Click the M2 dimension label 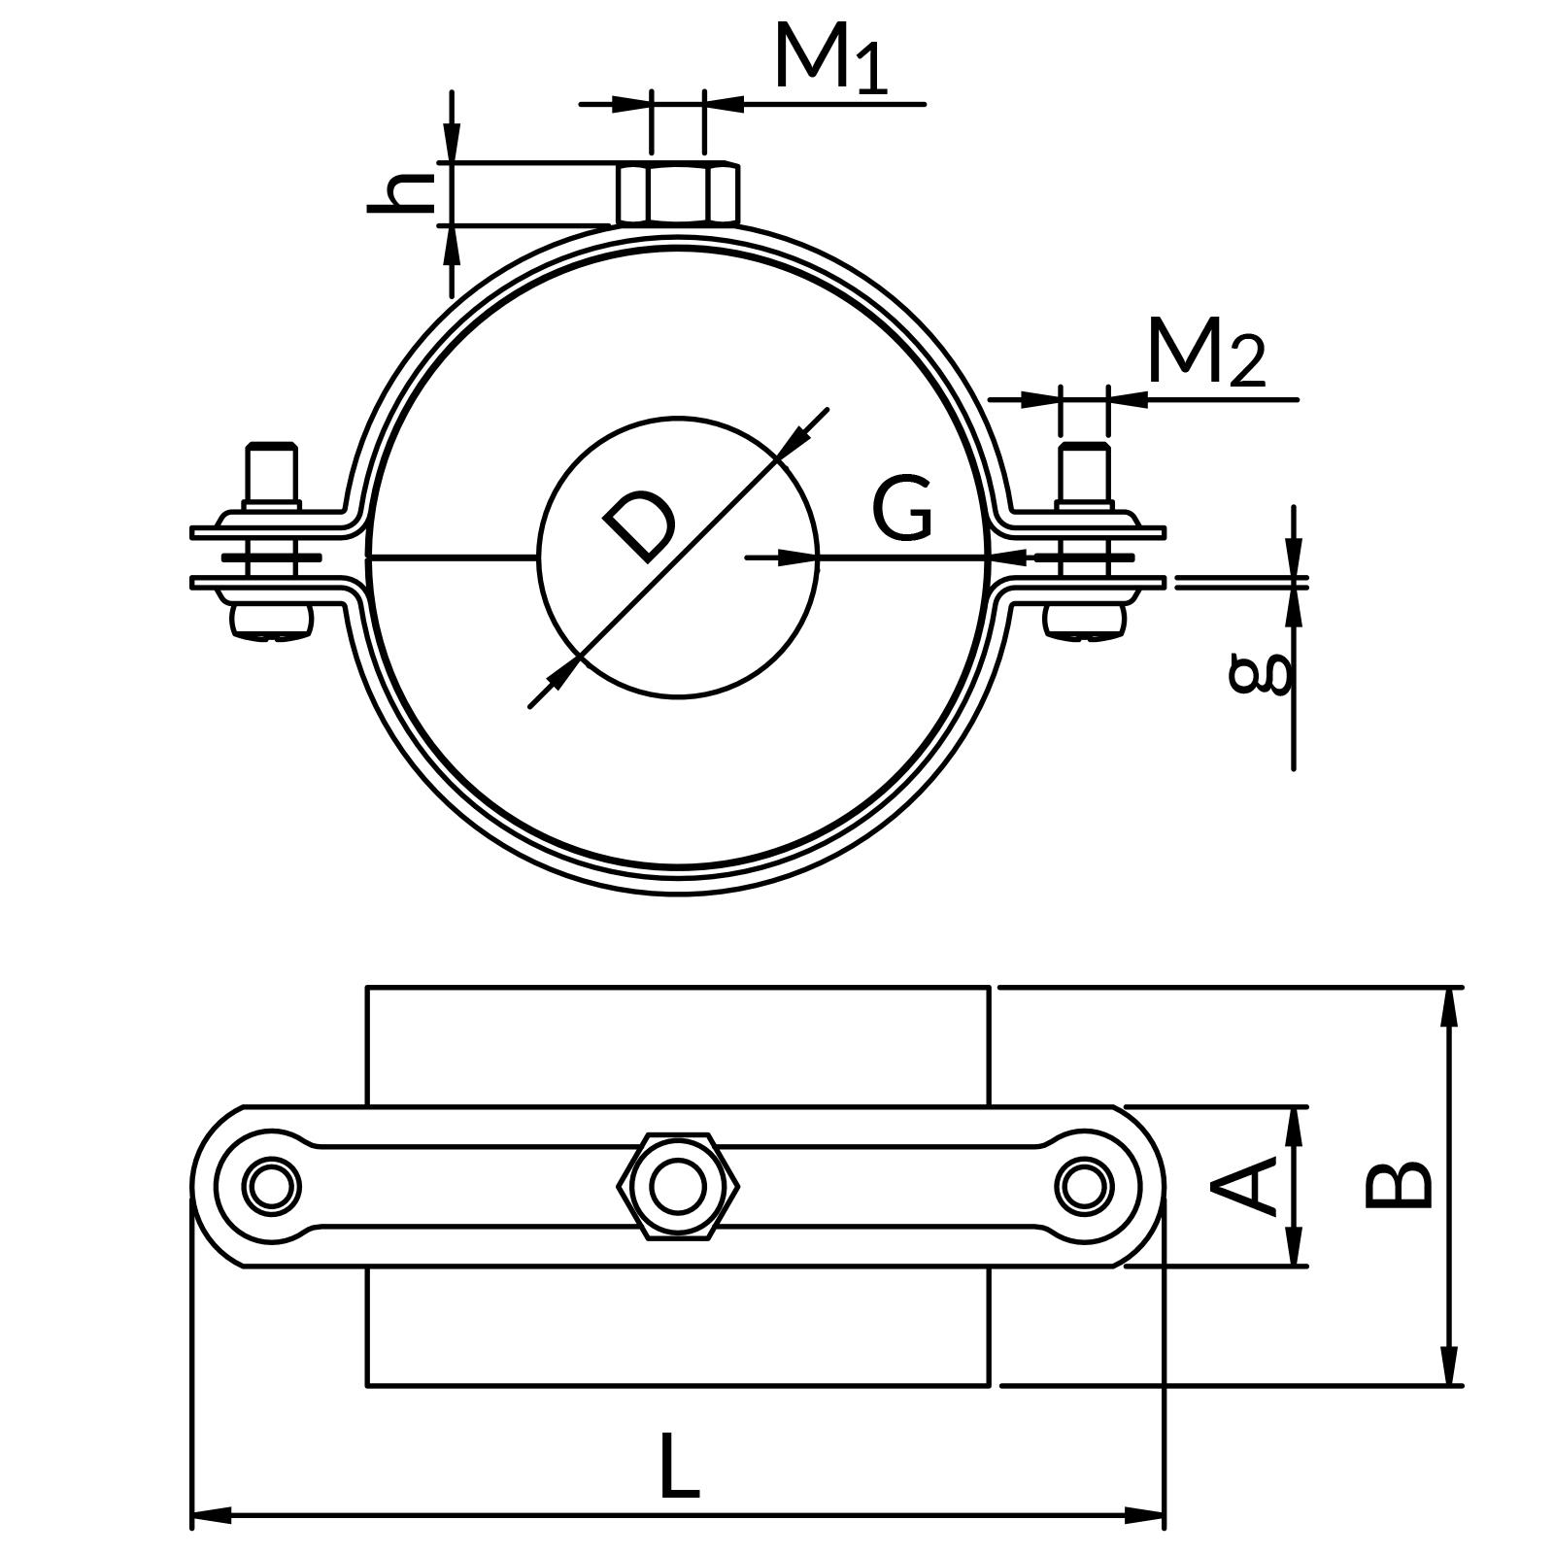tap(1205, 352)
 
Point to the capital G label tap(902, 508)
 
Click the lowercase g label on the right tap(1262, 673)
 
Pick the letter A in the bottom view tap(1246, 1186)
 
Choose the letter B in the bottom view tap(1399, 1185)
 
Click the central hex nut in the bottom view tap(678, 1186)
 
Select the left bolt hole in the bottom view tap(273, 1186)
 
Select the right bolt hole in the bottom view tap(1084, 1186)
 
